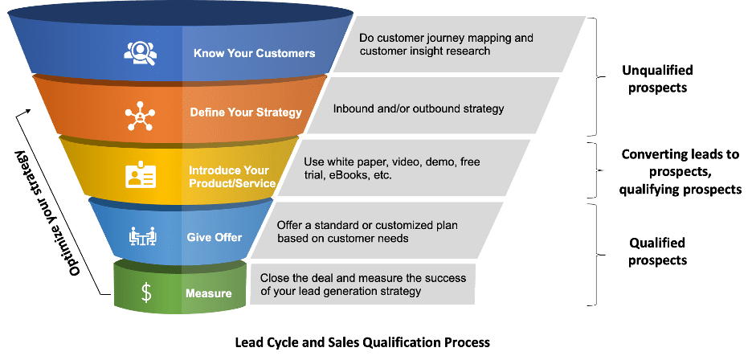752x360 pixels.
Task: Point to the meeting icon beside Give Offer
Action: tap(142, 236)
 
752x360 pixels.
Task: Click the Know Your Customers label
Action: tap(254, 54)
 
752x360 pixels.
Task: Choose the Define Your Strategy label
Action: tap(246, 112)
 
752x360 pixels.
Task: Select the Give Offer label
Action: tap(215, 237)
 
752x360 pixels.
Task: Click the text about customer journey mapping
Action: tap(446, 44)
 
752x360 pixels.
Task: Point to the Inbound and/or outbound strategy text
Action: tap(419, 107)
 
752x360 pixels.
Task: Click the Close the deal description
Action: tap(362, 284)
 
